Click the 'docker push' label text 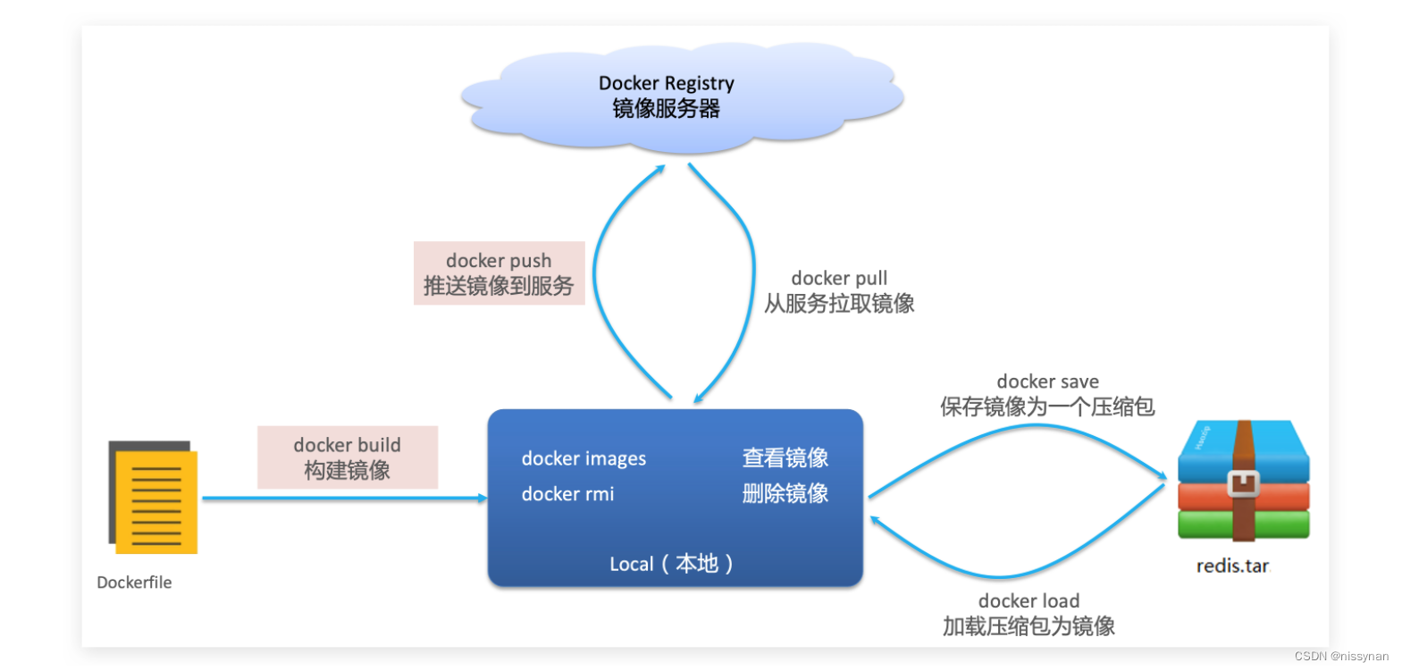coord(499,261)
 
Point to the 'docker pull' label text coord(839,279)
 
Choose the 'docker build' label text coord(347,445)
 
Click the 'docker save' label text coord(1047,382)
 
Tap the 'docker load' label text coord(1028,601)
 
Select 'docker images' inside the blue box coord(583,459)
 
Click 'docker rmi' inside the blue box coord(567,494)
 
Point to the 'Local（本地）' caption coord(671,564)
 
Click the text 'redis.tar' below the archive coord(1232,566)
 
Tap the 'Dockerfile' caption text coord(134,583)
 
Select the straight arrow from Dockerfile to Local coord(344,499)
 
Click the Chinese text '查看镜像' coord(785,458)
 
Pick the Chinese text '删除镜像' coord(785,493)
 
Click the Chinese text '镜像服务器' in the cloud coord(666,109)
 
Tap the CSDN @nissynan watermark coord(1340,656)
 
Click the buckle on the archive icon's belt coord(1243,483)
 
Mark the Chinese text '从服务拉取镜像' coord(839,304)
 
